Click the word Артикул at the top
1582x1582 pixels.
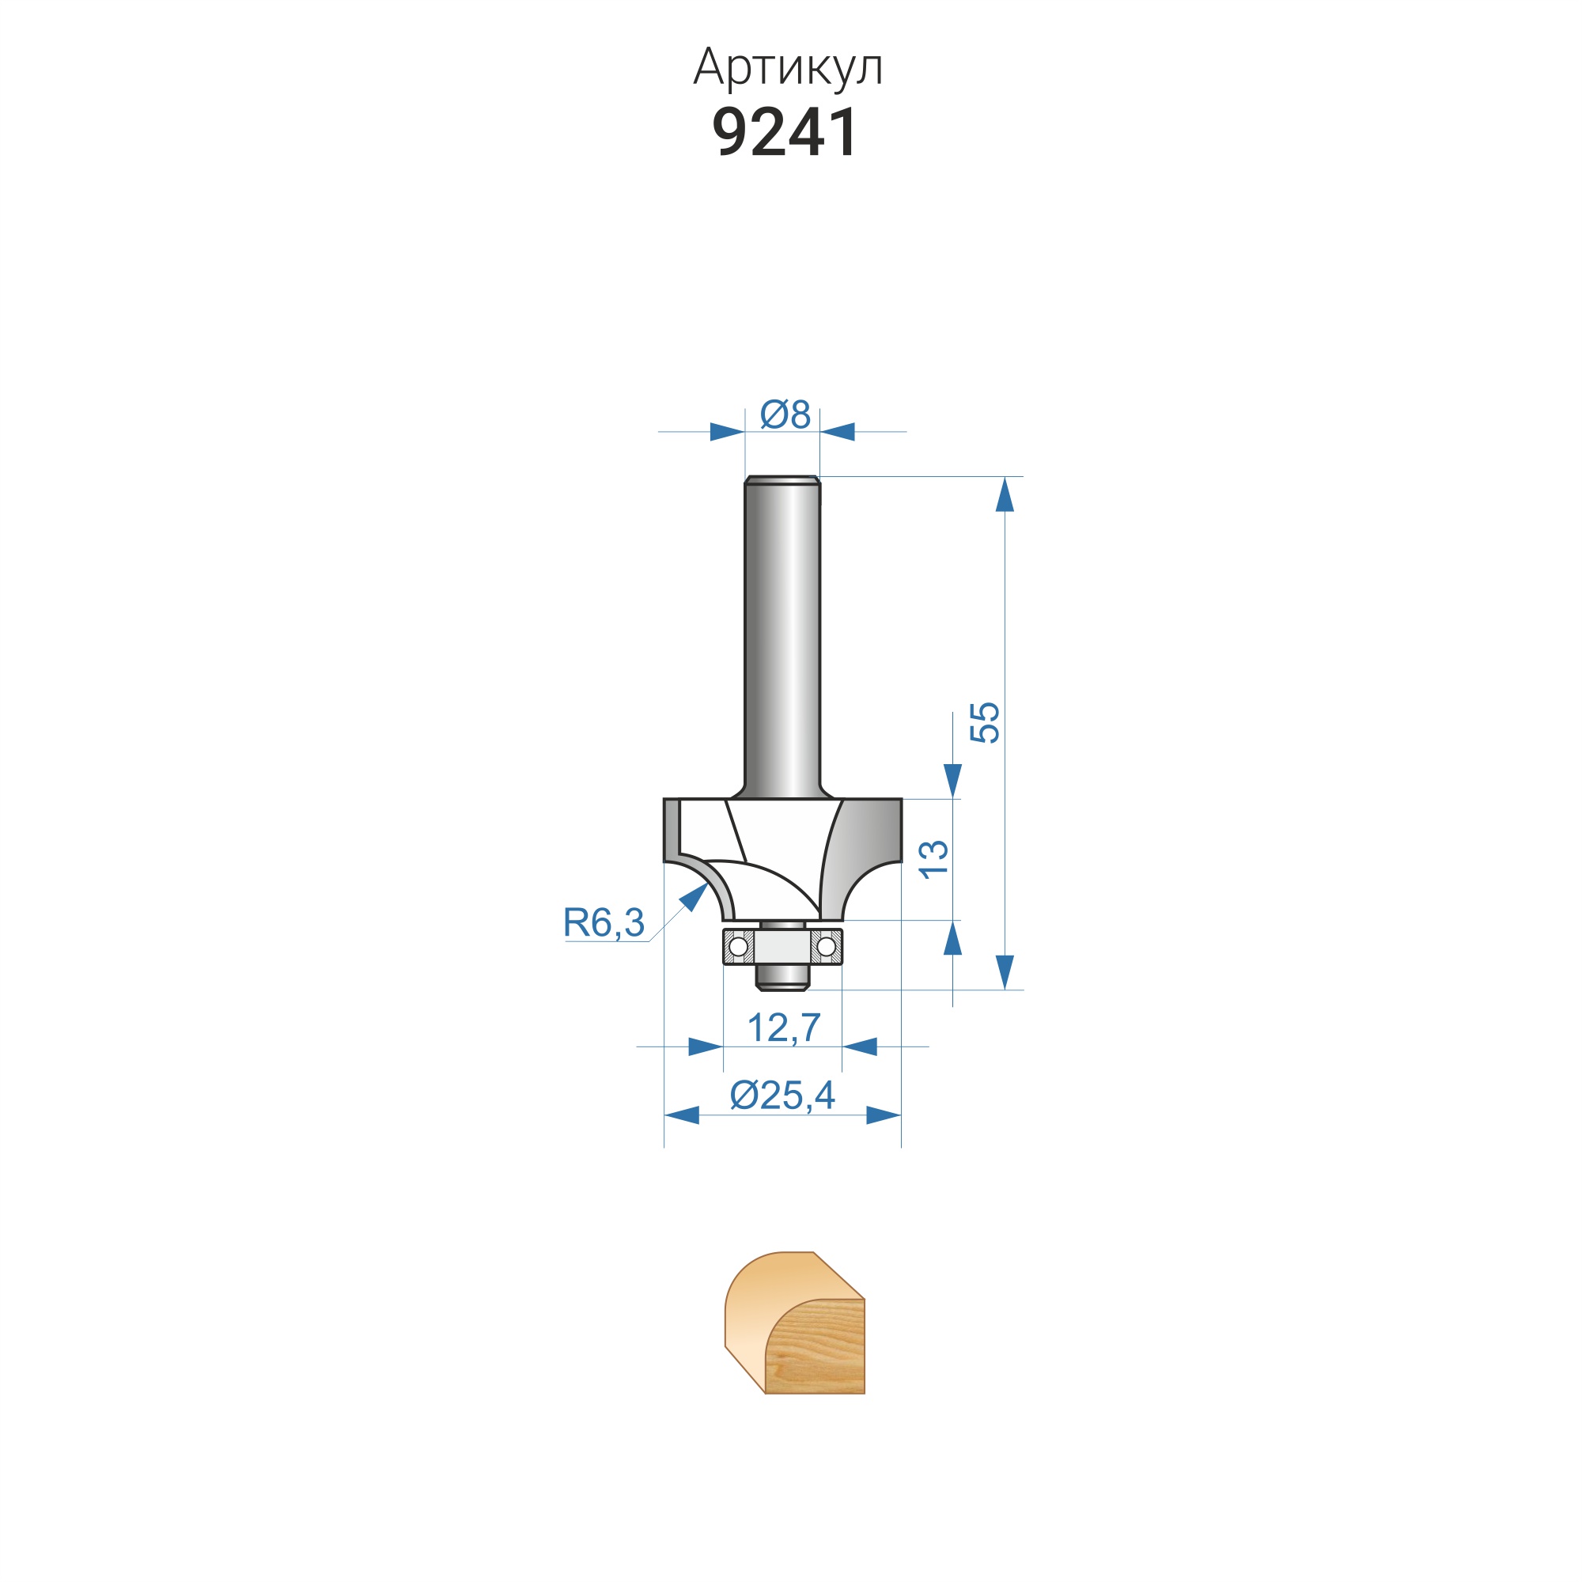click(x=788, y=68)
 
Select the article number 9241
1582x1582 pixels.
click(x=785, y=132)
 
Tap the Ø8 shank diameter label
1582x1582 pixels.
click(x=785, y=414)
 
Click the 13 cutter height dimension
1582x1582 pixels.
click(x=934, y=860)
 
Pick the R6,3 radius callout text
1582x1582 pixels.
click(x=604, y=923)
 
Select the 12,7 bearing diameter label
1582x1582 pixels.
click(x=784, y=1028)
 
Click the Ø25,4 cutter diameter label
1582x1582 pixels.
click(x=782, y=1096)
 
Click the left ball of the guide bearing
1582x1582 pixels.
click(x=738, y=947)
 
